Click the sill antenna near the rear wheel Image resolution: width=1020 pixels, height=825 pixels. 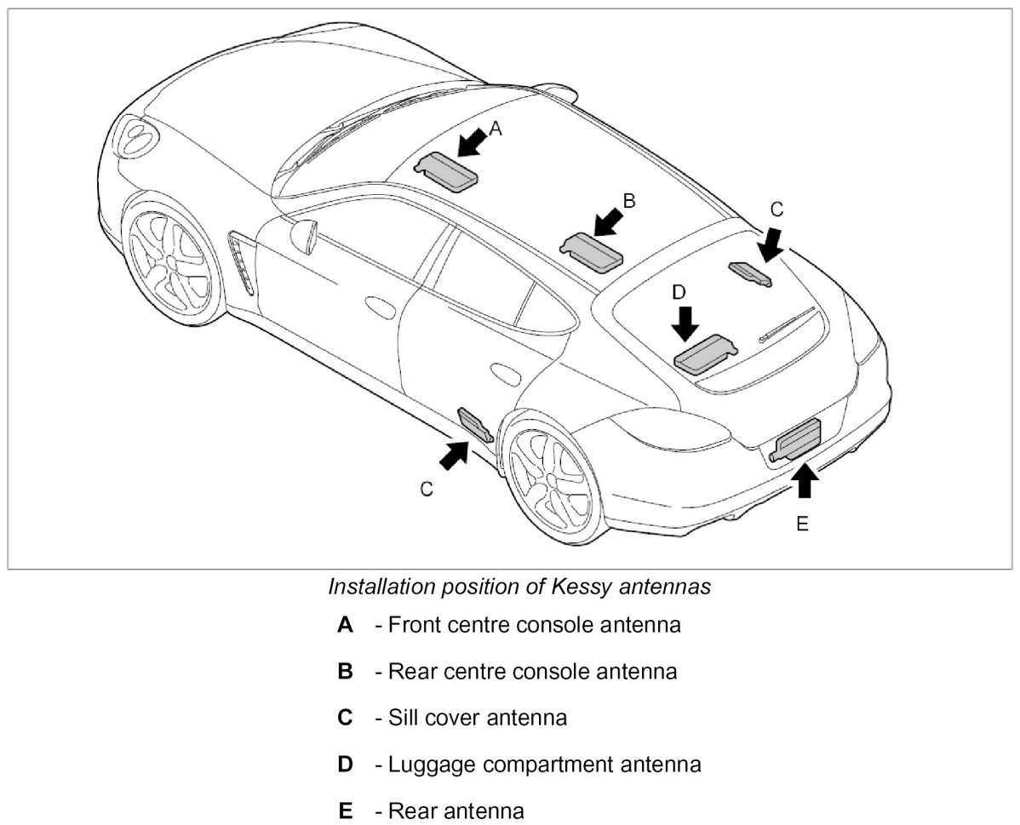click(x=474, y=424)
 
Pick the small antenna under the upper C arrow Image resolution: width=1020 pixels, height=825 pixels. click(x=749, y=273)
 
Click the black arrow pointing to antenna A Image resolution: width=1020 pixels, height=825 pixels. click(x=473, y=140)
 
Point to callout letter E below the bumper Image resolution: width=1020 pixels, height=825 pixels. click(x=801, y=524)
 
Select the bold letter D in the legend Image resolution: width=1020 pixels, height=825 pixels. click(x=345, y=764)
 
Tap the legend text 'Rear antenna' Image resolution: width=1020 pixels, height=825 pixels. click(x=456, y=810)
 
